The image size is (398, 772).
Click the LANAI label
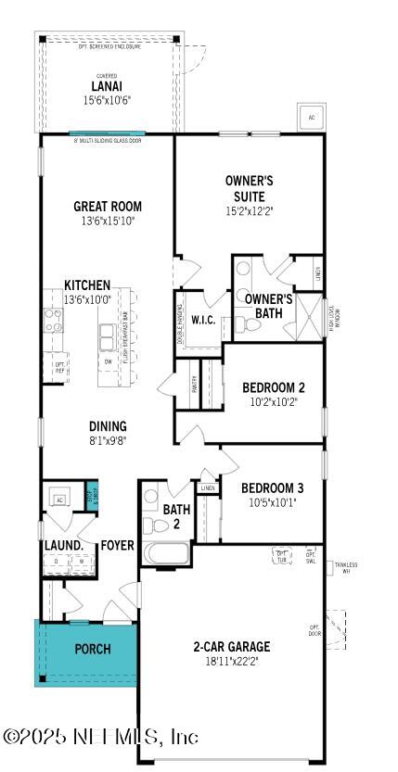tap(106, 87)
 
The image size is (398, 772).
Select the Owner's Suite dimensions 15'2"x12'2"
tap(250, 210)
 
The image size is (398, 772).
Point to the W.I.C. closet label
tap(203, 320)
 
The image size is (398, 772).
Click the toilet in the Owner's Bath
tap(243, 323)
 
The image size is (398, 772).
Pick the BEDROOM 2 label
tap(274, 387)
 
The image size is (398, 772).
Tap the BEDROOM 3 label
tap(273, 488)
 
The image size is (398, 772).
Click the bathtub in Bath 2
tap(166, 554)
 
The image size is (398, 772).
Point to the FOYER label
tap(118, 545)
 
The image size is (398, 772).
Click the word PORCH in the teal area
tap(93, 649)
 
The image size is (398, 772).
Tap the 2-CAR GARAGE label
tap(231, 646)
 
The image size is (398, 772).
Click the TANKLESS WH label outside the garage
tap(346, 567)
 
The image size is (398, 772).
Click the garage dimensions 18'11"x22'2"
tap(231, 661)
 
